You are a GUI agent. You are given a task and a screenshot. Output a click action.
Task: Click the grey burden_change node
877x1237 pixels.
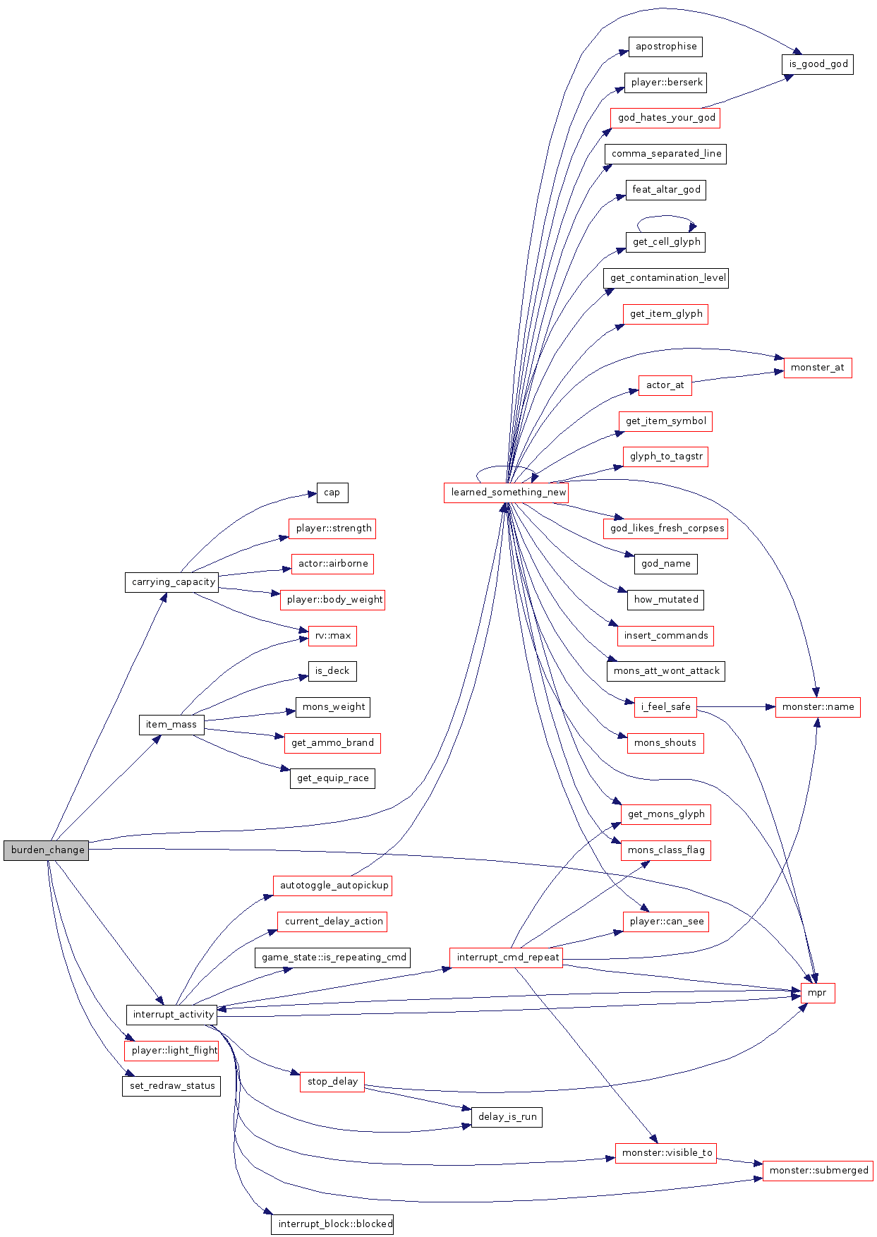(47, 850)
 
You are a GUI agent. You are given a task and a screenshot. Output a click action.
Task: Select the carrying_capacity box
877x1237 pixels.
(172, 582)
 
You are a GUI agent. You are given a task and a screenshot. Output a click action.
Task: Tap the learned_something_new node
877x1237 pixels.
(507, 493)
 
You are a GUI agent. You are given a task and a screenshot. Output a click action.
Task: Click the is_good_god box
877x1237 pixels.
(818, 64)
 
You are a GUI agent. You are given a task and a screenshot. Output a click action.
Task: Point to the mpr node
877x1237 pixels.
(817, 993)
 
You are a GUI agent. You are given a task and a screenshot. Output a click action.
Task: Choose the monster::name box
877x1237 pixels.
(818, 707)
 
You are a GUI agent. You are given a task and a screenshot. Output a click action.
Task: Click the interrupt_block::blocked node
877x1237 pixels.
(332, 1224)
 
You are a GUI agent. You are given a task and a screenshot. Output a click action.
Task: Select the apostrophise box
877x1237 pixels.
(665, 47)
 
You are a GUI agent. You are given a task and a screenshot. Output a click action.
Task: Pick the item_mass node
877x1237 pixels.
(171, 725)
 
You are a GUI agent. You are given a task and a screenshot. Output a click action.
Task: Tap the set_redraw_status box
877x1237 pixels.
(171, 1086)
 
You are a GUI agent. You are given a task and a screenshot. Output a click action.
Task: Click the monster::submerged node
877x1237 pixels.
(818, 1171)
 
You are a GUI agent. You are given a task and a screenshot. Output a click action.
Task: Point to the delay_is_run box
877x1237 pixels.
(507, 1117)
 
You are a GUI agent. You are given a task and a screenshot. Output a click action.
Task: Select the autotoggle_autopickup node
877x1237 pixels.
(333, 886)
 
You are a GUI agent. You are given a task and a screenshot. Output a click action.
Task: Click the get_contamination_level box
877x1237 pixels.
(666, 278)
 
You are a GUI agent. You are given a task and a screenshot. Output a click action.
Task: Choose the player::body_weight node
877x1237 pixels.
(333, 600)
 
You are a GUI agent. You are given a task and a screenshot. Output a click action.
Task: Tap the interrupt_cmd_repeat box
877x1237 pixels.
(507, 958)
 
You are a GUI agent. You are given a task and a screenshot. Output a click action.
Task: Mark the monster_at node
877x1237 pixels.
(818, 368)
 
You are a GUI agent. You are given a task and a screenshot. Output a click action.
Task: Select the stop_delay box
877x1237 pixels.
(332, 1082)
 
